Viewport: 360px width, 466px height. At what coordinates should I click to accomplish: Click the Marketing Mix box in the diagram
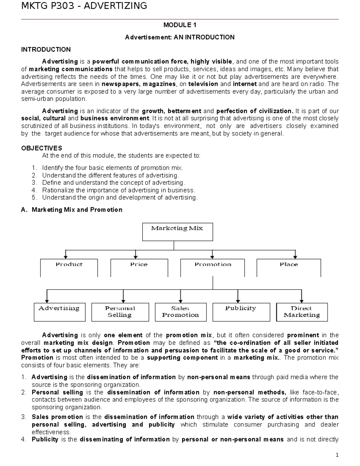(177, 232)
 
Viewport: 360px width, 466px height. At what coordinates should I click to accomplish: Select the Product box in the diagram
(69, 268)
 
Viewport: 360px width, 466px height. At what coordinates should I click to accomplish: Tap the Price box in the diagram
(139, 268)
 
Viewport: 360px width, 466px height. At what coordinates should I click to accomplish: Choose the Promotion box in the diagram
(212, 268)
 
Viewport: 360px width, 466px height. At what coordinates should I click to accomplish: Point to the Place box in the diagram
(289, 268)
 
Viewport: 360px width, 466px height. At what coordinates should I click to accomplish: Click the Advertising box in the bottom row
(59, 312)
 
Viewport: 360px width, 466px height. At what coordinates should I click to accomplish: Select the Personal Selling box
(120, 312)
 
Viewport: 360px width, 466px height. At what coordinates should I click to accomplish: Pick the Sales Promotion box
(181, 312)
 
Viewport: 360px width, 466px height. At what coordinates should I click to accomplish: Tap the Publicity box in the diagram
(241, 312)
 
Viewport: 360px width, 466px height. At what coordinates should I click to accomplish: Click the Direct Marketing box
(302, 312)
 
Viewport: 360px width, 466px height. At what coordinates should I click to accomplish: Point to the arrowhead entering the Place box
(295, 257)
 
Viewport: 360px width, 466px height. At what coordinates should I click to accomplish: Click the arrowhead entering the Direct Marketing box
(301, 301)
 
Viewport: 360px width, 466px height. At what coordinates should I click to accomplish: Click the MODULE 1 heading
(180, 25)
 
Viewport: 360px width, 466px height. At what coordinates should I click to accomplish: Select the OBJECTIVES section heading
(42, 148)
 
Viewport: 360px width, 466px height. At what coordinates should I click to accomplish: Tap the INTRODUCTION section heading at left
(46, 50)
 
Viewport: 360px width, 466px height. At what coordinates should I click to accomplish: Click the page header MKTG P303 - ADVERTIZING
(84, 6)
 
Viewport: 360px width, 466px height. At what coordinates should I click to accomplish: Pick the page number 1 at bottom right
(337, 455)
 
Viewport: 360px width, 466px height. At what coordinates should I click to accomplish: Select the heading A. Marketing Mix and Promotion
(72, 210)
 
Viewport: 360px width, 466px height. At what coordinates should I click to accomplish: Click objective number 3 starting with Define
(113, 183)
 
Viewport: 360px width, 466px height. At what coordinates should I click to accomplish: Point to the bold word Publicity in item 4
(45, 440)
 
